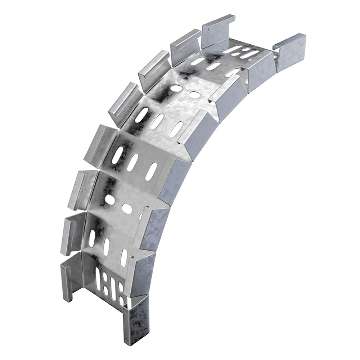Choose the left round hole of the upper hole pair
176,88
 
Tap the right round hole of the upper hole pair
194,95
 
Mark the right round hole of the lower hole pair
127,209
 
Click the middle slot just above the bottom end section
106,247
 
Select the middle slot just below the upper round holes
157,121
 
